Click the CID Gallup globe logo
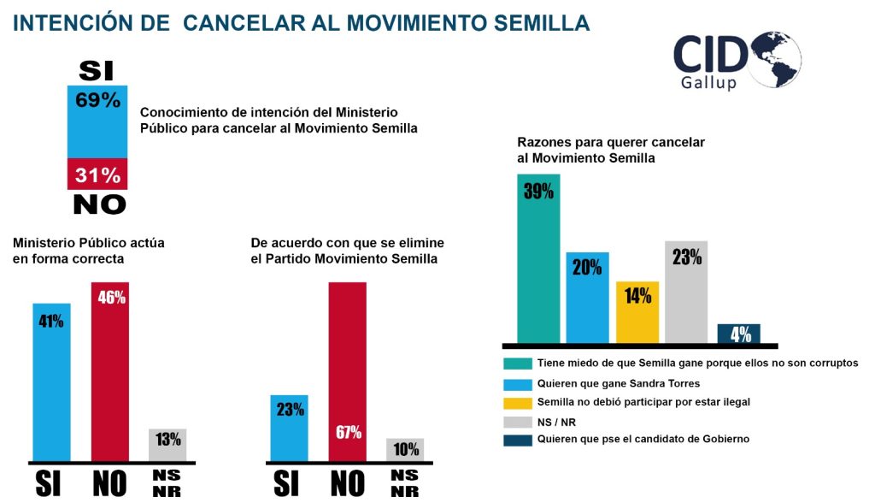737,61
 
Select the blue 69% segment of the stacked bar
97,121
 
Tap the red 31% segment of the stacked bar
97,174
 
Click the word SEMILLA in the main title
542,23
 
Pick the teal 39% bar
538,258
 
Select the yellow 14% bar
637,312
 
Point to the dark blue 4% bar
739,334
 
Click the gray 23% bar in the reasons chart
686,292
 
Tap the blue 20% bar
588,298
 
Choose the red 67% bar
348,371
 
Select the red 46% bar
110,371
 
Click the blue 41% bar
52,382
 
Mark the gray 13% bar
167,445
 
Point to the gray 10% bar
405,450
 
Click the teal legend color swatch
518,364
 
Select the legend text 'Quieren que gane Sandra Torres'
619,383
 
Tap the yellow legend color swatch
518,403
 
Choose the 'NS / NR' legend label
556,423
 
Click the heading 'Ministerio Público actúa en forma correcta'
89,251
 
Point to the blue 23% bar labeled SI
289,428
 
